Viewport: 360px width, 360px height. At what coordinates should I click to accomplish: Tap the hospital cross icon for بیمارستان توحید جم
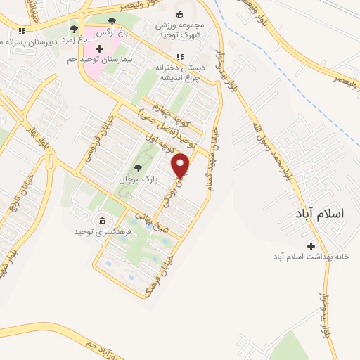click(98, 49)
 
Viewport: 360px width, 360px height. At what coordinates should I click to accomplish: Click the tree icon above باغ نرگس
click(112, 21)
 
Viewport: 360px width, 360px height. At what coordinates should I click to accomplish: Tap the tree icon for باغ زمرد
click(74, 29)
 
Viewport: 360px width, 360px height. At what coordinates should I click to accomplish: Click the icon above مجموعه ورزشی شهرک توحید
click(179, 14)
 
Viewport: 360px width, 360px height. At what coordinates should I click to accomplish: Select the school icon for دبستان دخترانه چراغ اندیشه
click(181, 58)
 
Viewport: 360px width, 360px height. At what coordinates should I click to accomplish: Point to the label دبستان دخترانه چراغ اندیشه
click(179, 72)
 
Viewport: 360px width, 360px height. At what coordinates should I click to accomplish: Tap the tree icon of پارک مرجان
click(138, 168)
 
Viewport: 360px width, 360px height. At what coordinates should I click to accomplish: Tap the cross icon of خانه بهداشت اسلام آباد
click(311, 245)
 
